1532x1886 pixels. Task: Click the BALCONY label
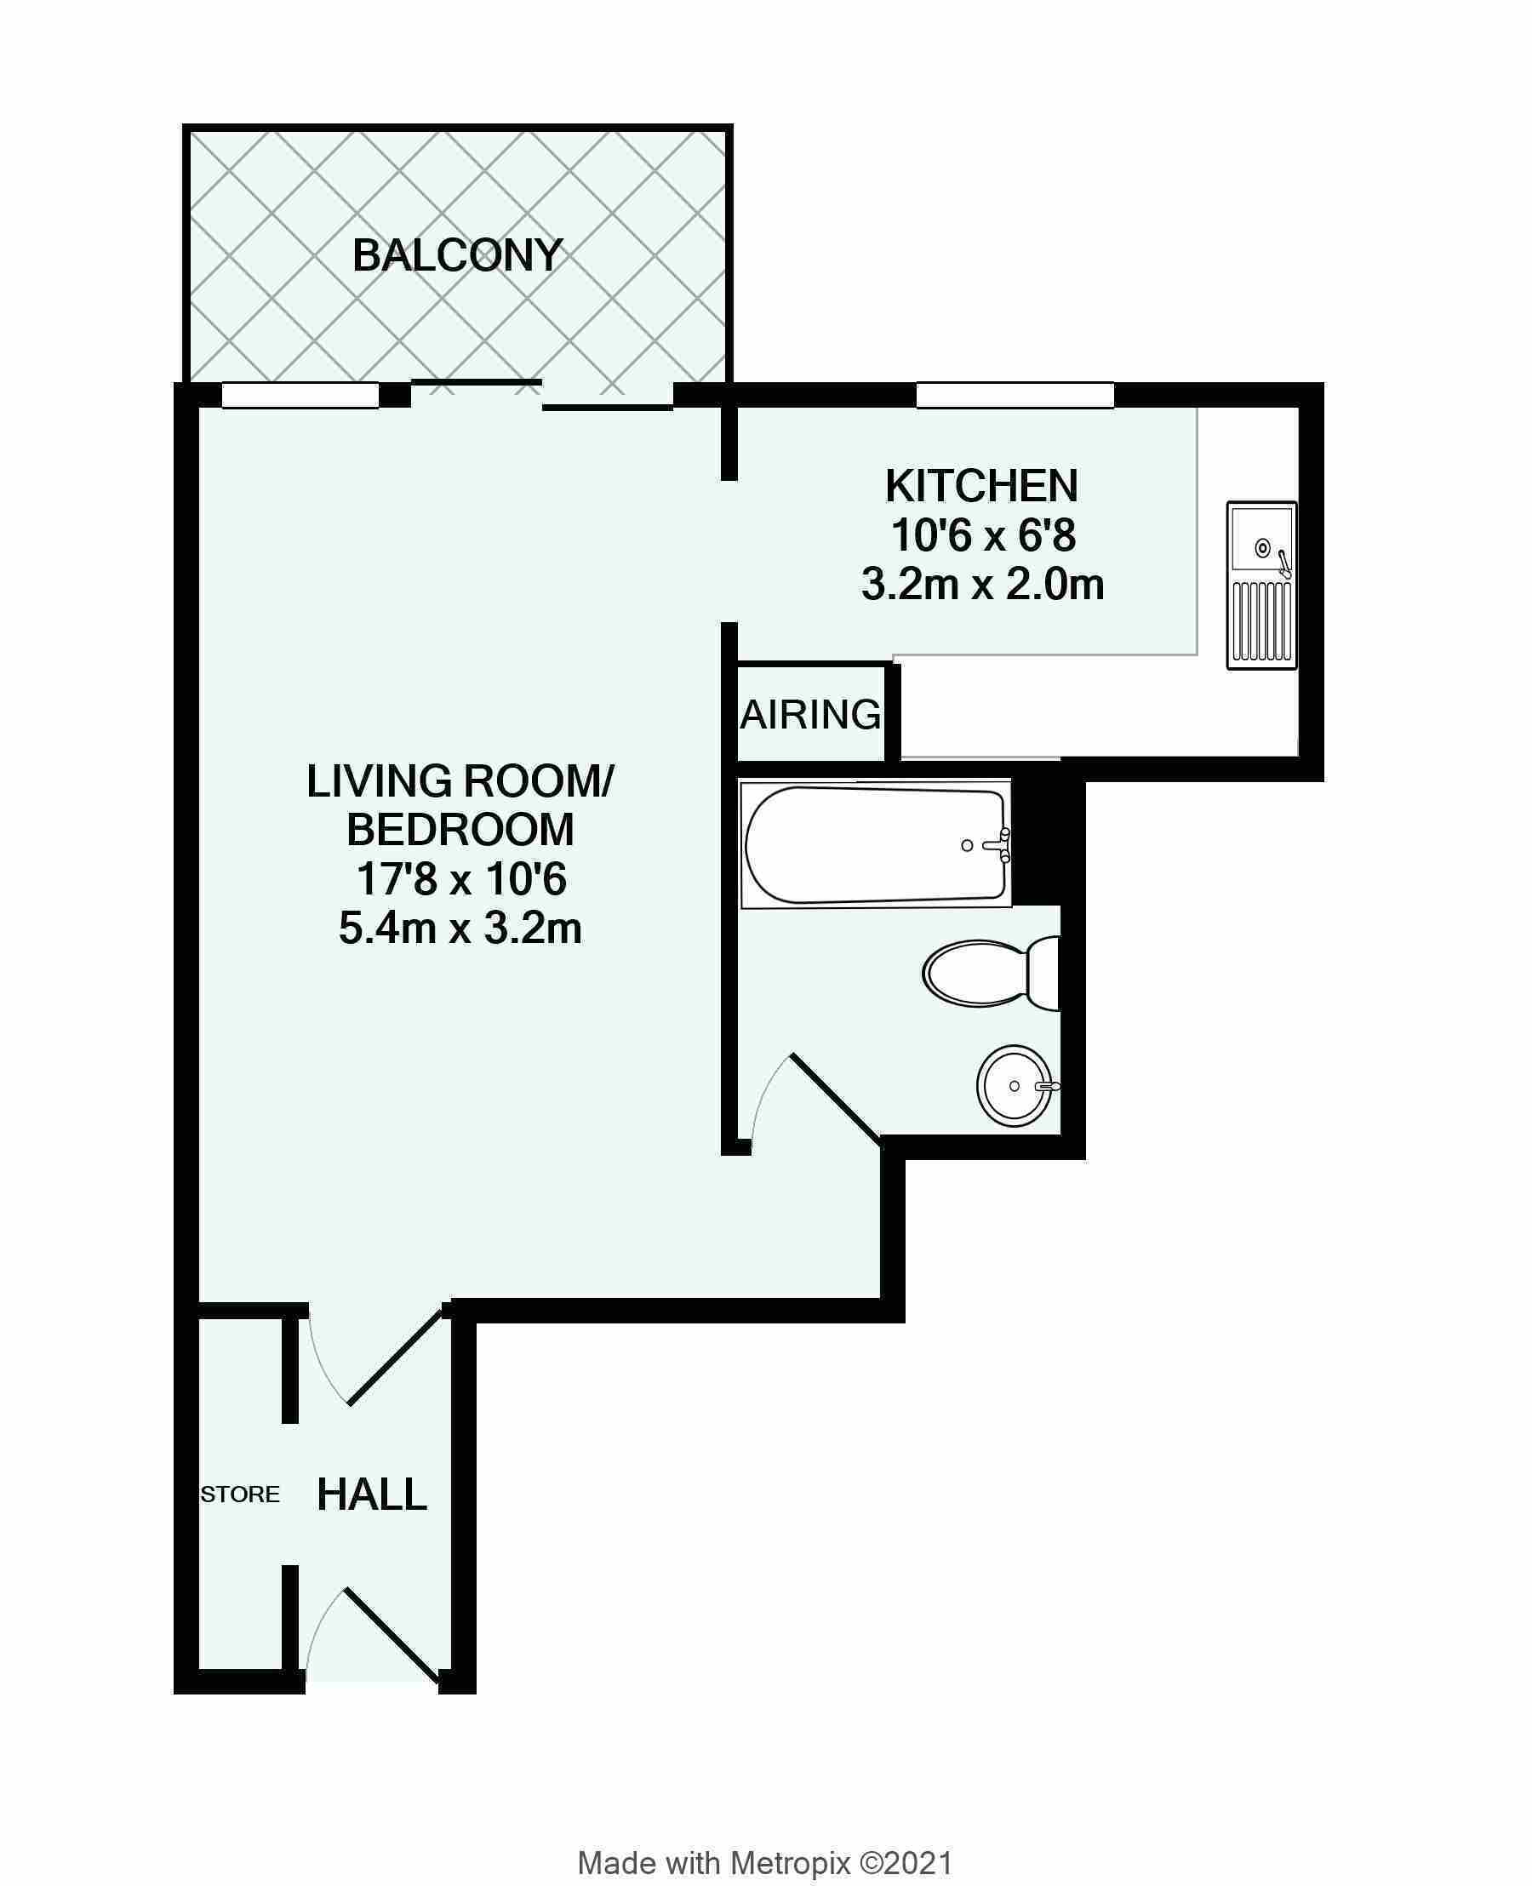[457, 256]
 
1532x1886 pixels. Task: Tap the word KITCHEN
[981, 485]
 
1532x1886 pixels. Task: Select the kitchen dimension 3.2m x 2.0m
[982, 584]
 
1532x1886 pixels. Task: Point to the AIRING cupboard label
[810, 714]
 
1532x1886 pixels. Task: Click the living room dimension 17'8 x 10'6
[460, 879]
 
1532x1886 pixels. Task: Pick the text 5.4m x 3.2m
[460, 929]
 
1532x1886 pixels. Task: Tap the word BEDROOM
[460, 830]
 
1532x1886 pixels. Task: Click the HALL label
[372, 1495]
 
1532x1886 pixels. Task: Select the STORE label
[240, 1495]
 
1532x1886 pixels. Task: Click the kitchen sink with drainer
[1262, 586]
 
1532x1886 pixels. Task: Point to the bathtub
[876, 843]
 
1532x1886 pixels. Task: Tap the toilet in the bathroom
[991, 974]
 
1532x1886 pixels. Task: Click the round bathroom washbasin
[1016, 1084]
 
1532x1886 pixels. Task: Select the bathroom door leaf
[835, 1099]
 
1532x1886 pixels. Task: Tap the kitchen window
[1015, 395]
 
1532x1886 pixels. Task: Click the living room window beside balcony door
[300, 395]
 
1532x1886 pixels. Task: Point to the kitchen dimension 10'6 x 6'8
[983, 534]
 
